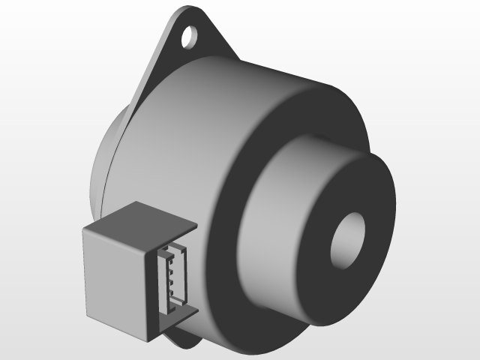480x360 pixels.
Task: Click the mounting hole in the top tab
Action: tap(191, 34)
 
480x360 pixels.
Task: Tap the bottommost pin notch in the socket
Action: tap(172, 293)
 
